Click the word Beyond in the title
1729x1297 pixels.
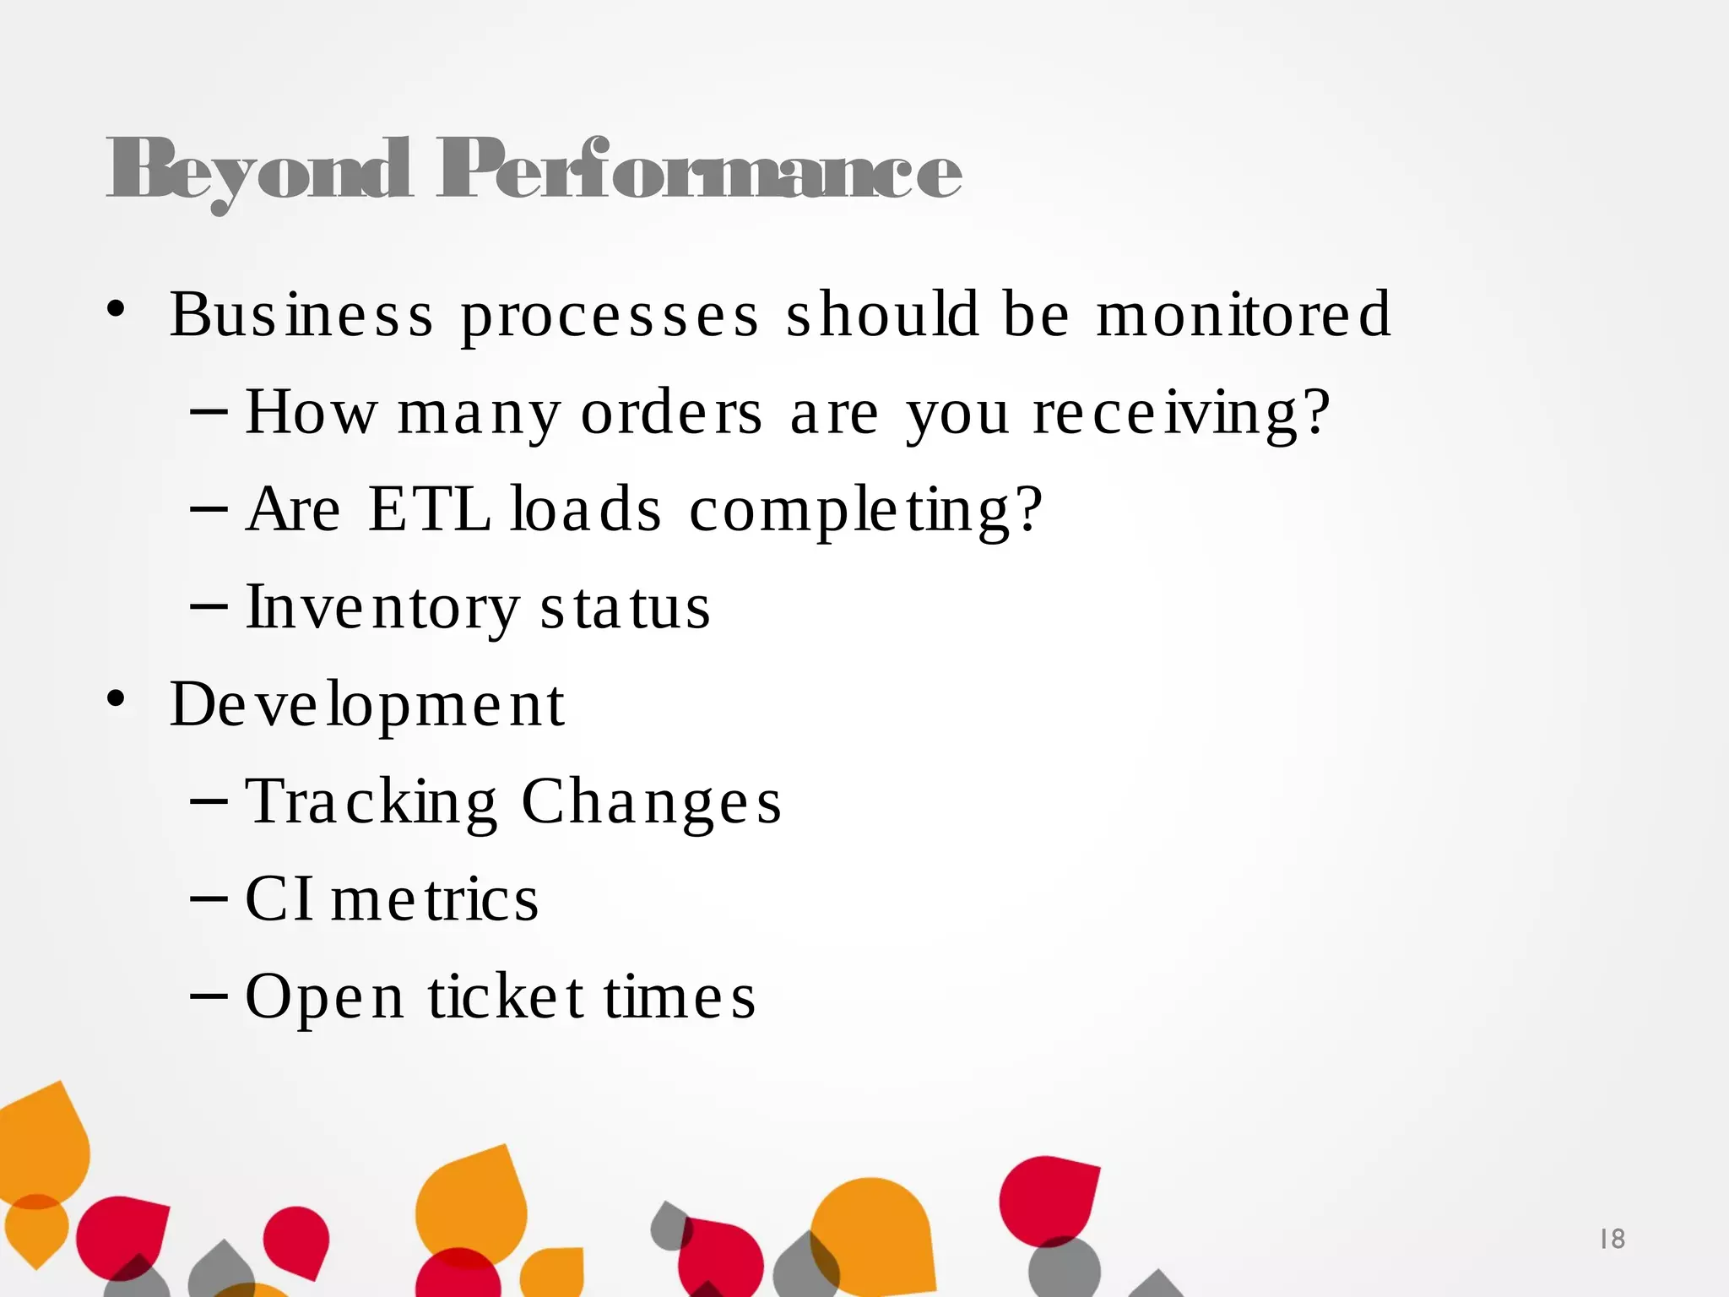point(258,171)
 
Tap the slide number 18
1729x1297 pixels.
point(1612,1239)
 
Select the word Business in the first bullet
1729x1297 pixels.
point(301,315)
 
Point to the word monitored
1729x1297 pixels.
point(1243,314)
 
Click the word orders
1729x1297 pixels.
point(672,414)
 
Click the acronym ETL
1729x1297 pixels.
point(430,509)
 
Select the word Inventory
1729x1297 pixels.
point(382,608)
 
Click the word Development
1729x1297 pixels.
point(367,705)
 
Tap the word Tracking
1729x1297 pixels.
point(371,802)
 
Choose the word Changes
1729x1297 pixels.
point(652,802)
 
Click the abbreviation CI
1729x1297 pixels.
point(279,898)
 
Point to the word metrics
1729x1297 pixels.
point(435,899)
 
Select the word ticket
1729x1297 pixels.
point(506,996)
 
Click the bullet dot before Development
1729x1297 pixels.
point(116,699)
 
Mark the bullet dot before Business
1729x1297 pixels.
point(116,309)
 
